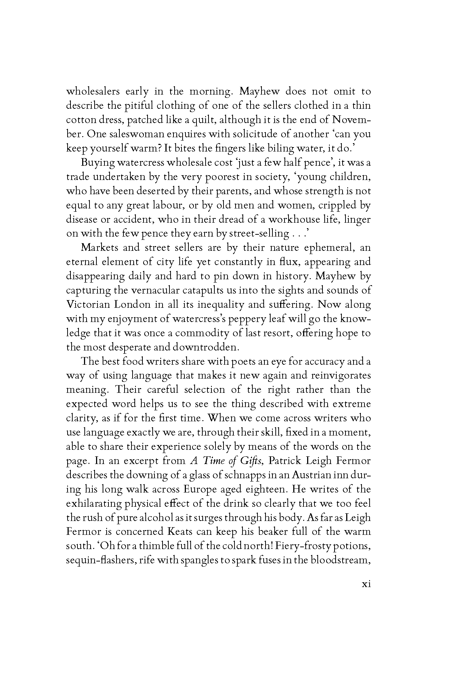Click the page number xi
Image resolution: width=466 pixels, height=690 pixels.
click(x=366, y=584)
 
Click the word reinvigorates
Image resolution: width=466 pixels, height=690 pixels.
click(x=340, y=376)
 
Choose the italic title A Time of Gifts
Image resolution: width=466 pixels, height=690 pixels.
click(x=226, y=461)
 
